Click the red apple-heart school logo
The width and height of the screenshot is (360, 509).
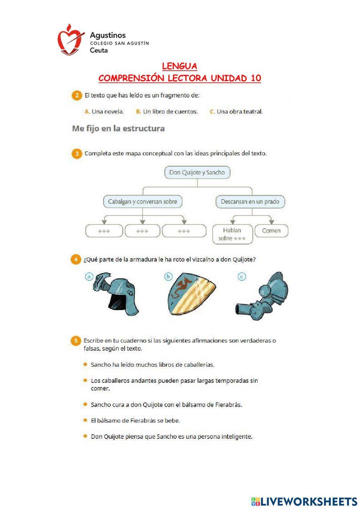70,40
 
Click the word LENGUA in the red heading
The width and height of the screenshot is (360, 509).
180,66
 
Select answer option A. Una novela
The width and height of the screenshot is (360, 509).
104,112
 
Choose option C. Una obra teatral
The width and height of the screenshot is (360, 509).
236,112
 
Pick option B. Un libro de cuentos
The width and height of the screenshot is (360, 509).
167,112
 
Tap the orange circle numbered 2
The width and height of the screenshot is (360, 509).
76,96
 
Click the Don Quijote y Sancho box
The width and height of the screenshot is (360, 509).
197,173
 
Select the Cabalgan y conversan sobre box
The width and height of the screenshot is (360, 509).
143,202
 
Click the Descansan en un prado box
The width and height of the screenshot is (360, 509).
250,202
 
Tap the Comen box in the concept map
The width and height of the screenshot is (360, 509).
271,231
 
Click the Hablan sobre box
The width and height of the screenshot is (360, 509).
232,234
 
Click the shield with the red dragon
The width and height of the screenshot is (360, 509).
191,294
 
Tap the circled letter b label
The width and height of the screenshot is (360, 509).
168,277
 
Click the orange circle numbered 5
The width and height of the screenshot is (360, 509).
76,341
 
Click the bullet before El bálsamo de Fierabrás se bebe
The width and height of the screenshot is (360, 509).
85,420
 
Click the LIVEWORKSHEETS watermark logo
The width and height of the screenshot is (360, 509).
304,501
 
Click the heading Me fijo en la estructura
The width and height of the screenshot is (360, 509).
118,129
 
